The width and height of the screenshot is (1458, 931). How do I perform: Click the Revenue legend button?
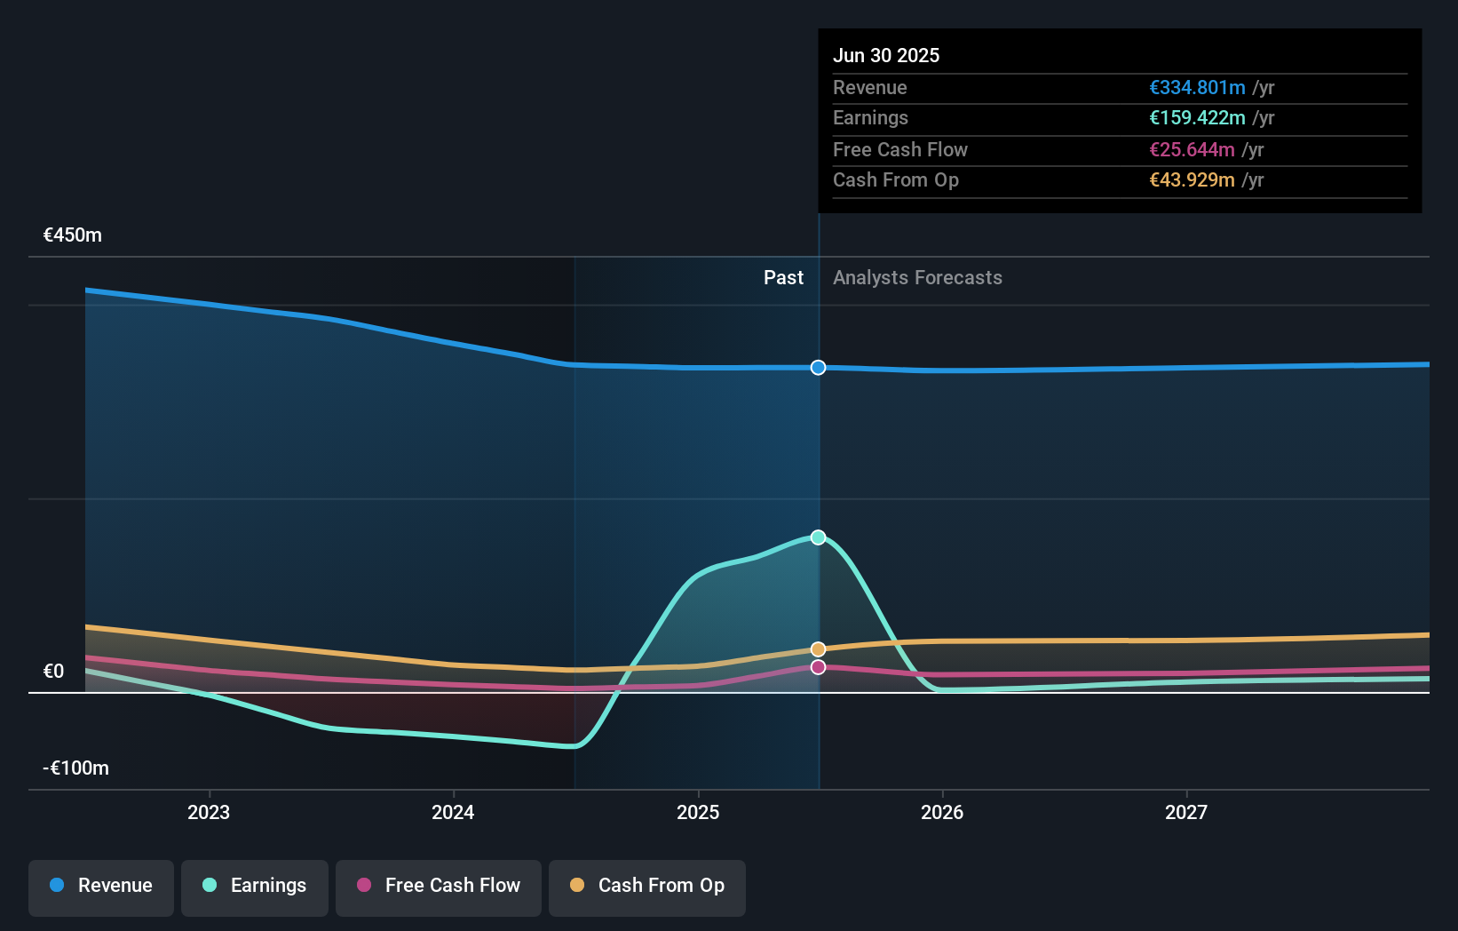[x=101, y=887]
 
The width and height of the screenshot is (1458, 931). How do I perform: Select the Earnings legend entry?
[x=255, y=887]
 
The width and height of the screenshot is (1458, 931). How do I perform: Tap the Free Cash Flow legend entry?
[x=439, y=887]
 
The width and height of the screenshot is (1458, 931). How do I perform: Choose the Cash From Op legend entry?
[x=647, y=887]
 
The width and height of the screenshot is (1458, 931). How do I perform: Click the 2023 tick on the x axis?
[x=209, y=812]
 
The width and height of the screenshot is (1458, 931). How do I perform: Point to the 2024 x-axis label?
[x=453, y=812]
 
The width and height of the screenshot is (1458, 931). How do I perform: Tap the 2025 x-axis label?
[x=698, y=812]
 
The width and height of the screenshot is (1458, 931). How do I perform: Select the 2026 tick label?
[x=942, y=812]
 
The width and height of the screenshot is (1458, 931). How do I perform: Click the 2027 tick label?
[x=1186, y=812]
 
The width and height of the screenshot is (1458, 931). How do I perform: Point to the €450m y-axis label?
[x=73, y=235]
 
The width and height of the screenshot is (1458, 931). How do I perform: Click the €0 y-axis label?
[x=54, y=672]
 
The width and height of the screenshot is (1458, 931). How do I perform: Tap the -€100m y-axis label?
[x=76, y=768]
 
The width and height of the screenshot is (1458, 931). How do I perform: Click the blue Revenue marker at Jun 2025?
[x=818, y=368]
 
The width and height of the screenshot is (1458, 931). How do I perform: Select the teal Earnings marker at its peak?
[x=818, y=537]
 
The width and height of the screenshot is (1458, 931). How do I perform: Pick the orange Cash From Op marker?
[x=818, y=649]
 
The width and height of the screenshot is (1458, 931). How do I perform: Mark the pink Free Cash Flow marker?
[x=818, y=667]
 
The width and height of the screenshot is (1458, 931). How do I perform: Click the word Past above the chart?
[x=783, y=278]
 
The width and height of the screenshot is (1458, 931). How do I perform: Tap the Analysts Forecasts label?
[x=917, y=278]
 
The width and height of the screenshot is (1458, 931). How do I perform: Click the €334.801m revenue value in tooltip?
[x=1197, y=88]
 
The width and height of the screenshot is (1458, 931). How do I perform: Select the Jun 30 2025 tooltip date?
[x=886, y=56]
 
